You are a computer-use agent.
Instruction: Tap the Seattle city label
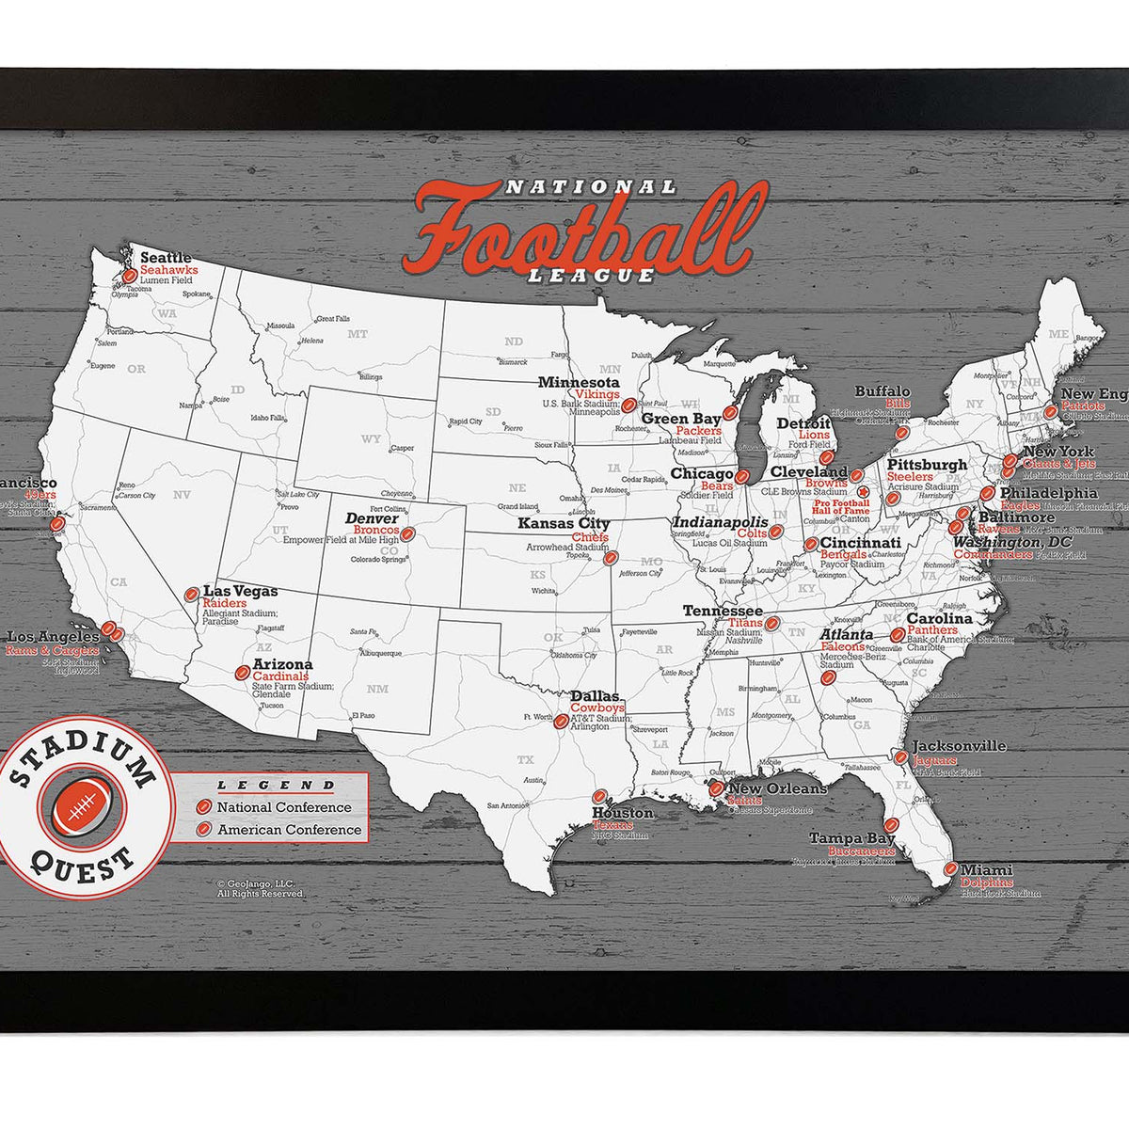click(x=166, y=257)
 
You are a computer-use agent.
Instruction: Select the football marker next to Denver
click(x=407, y=532)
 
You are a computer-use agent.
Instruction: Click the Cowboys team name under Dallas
click(x=597, y=708)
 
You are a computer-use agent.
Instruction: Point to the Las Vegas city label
click(x=240, y=591)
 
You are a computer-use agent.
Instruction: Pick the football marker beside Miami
click(x=951, y=869)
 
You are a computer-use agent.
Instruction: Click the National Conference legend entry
click(x=283, y=807)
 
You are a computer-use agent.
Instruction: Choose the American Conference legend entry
click(x=289, y=830)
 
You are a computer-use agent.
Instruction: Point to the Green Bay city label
click(x=681, y=419)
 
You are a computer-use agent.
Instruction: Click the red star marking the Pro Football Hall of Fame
click(x=863, y=490)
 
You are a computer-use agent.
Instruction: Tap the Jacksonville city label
click(x=959, y=746)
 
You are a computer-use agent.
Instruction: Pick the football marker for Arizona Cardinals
click(x=243, y=673)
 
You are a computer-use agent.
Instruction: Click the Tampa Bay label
click(x=852, y=837)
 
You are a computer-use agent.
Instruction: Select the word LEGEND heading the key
click(x=276, y=785)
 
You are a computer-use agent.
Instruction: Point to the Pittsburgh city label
click(x=927, y=465)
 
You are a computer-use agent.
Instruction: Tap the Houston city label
click(x=622, y=813)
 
